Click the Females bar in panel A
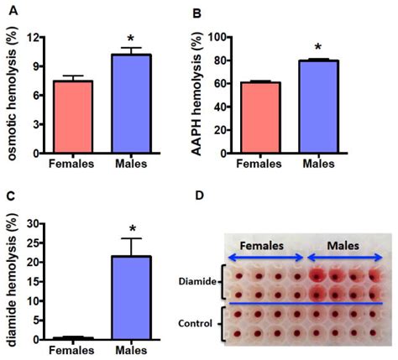pyautogui.click(x=74, y=117)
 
